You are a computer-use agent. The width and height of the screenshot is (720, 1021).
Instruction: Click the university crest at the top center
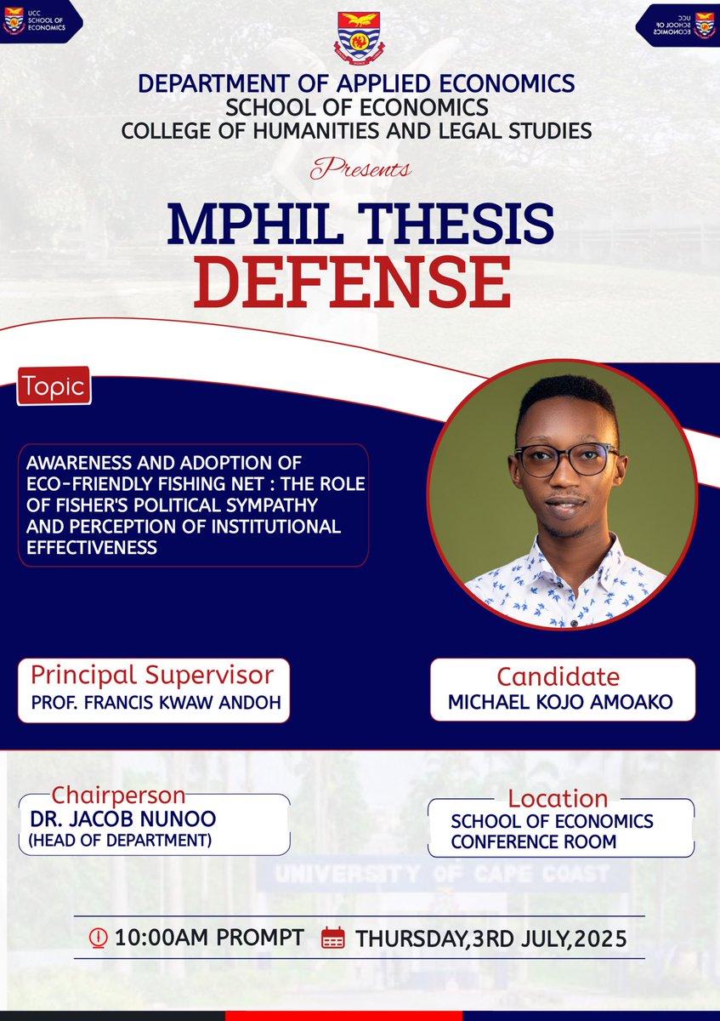[360, 36]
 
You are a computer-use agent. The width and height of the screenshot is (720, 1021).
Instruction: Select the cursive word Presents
[360, 168]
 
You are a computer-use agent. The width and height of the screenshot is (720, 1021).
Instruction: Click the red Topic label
[54, 387]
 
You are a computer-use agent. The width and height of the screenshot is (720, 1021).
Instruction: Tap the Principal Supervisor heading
[152, 675]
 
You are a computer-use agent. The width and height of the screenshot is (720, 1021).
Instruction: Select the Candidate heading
[558, 677]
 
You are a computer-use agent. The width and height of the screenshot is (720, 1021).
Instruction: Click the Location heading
[558, 799]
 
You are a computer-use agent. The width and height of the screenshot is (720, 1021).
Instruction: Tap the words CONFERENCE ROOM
[533, 842]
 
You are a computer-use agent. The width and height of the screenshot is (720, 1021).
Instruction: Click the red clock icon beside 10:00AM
[99, 938]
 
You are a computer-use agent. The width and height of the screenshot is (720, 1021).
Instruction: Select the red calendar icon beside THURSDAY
[333, 938]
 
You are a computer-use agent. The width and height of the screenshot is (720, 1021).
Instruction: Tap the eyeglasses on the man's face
[565, 459]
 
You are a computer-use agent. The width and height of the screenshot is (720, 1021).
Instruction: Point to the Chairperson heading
[118, 796]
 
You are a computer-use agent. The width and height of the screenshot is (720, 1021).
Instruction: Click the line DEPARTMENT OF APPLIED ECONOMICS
[356, 83]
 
